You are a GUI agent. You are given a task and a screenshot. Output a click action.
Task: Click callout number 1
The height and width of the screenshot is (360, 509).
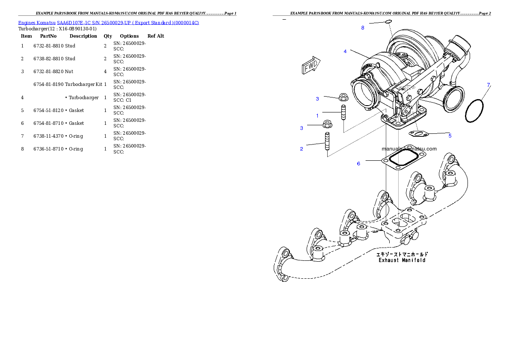[317, 115]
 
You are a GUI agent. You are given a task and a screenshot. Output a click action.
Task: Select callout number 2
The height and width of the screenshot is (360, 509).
[302, 149]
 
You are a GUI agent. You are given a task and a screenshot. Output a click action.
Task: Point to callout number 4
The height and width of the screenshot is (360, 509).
[345, 51]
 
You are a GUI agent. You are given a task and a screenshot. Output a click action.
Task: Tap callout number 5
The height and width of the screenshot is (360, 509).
[450, 136]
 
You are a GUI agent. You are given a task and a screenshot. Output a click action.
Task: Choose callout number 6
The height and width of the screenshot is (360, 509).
[358, 163]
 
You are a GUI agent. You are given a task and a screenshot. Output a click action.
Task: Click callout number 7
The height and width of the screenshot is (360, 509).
[488, 85]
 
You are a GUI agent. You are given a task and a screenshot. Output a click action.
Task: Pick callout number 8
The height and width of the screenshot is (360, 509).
[363, 28]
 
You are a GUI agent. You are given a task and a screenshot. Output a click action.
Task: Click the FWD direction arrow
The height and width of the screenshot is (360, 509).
[311, 65]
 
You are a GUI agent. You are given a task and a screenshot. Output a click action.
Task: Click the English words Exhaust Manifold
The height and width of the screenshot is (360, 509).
[402, 260]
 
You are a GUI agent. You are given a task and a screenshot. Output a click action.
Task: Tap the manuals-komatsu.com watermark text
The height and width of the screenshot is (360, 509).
[409, 149]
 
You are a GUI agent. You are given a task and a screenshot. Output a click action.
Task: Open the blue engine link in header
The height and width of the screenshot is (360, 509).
[108, 22]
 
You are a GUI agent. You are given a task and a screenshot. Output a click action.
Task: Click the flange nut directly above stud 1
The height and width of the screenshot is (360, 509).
[343, 97]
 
